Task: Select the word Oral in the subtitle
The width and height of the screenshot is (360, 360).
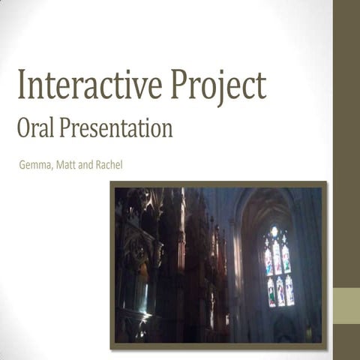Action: click(35, 128)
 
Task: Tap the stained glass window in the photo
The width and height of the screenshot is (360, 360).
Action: click(277, 267)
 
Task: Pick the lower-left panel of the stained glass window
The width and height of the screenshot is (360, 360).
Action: click(271, 292)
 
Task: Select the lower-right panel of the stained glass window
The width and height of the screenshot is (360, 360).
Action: click(289, 291)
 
